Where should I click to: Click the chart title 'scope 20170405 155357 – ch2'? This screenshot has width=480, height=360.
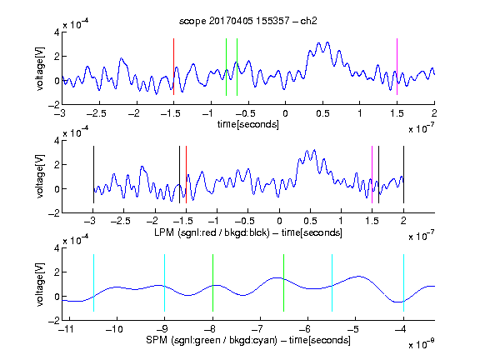point(248,21)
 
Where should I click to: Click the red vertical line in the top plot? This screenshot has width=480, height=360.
point(174,67)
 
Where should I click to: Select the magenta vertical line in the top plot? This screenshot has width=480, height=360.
point(397,67)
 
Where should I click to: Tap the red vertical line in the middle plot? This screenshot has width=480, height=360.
point(186,174)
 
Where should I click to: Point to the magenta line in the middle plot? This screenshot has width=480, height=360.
point(372,174)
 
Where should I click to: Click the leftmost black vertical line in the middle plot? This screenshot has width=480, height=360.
point(93,174)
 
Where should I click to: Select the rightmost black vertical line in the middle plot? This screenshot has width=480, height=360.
point(403,174)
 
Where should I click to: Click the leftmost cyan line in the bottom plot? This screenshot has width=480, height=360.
point(93,282)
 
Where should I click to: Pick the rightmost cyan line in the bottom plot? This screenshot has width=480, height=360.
point(403,282)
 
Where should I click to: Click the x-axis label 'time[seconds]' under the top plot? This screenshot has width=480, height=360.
point(248,124)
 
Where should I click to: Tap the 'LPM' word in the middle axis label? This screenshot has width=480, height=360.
point(165,232)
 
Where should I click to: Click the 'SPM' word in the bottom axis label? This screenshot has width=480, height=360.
point(157,340)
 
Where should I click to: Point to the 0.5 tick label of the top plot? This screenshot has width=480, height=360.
point(322,113)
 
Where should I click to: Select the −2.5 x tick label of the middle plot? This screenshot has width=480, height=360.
point(120,221)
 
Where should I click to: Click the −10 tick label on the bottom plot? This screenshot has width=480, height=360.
point(114,329)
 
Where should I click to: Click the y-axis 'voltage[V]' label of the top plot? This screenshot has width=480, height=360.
point(40,69)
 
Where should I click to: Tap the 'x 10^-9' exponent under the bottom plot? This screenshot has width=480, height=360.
point(421,344)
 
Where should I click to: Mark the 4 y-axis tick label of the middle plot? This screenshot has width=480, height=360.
point(57,141)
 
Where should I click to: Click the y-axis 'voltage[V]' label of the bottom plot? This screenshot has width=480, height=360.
point(40,285)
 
